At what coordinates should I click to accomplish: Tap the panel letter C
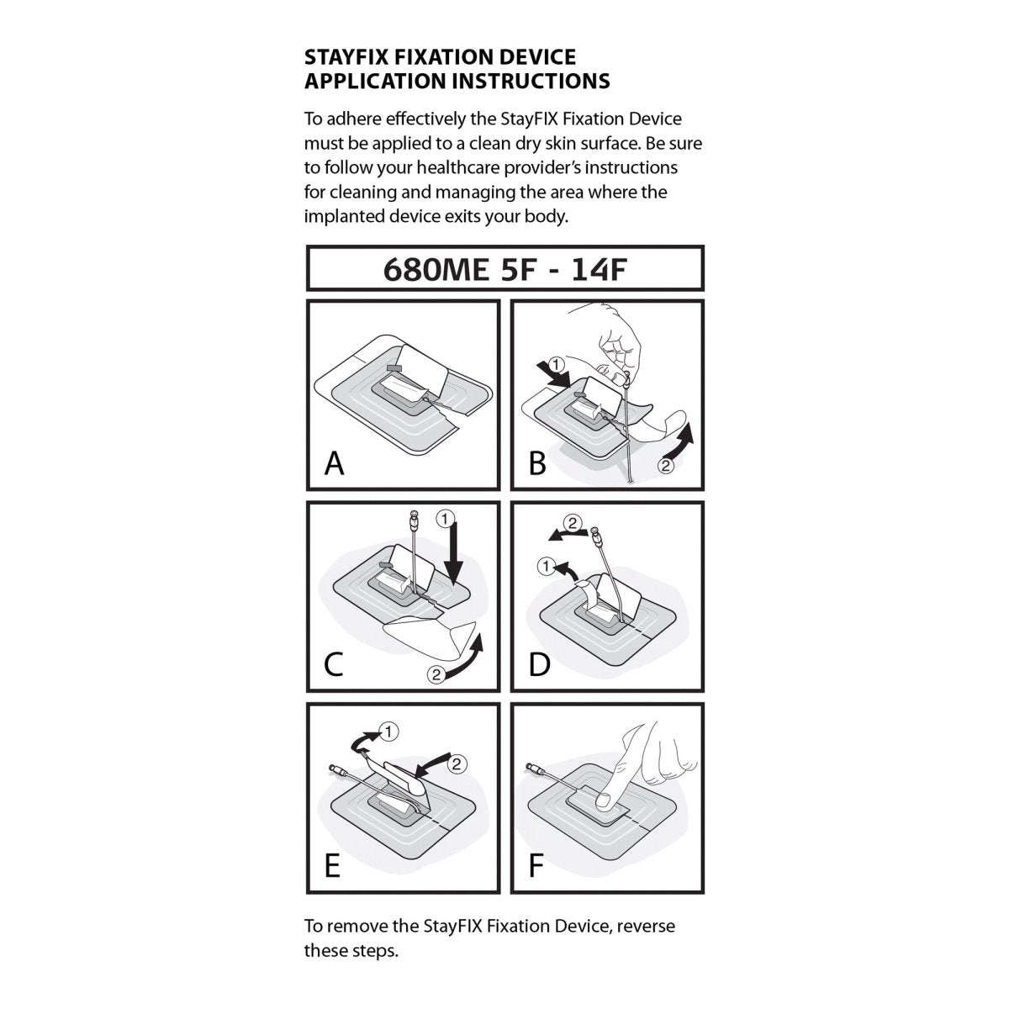coord(334,664)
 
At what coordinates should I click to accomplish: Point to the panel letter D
coord(538,664)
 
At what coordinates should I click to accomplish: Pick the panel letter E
coord(332,866)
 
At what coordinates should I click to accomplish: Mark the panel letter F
coord(536,866)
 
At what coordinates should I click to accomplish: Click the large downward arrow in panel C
coord(454,555)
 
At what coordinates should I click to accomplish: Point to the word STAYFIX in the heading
coord(346,57)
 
